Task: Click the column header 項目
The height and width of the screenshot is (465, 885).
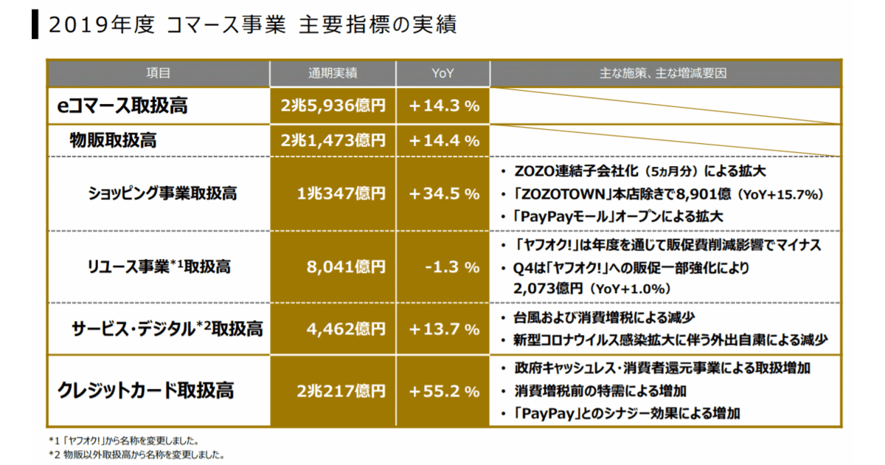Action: point(158,72)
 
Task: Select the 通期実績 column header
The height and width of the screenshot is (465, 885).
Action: point(333,72)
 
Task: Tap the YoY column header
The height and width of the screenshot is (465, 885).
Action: point(442,72)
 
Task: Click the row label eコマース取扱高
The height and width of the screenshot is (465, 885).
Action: point(122,106)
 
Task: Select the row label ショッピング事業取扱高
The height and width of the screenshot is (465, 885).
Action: point(162,193)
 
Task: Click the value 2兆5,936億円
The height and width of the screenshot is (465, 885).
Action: point(333,106)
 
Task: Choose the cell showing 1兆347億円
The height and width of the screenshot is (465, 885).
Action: point(341,193)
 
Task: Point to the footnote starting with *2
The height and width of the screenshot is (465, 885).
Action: point(136,455)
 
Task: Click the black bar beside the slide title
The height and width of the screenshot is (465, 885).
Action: point(35,24)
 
